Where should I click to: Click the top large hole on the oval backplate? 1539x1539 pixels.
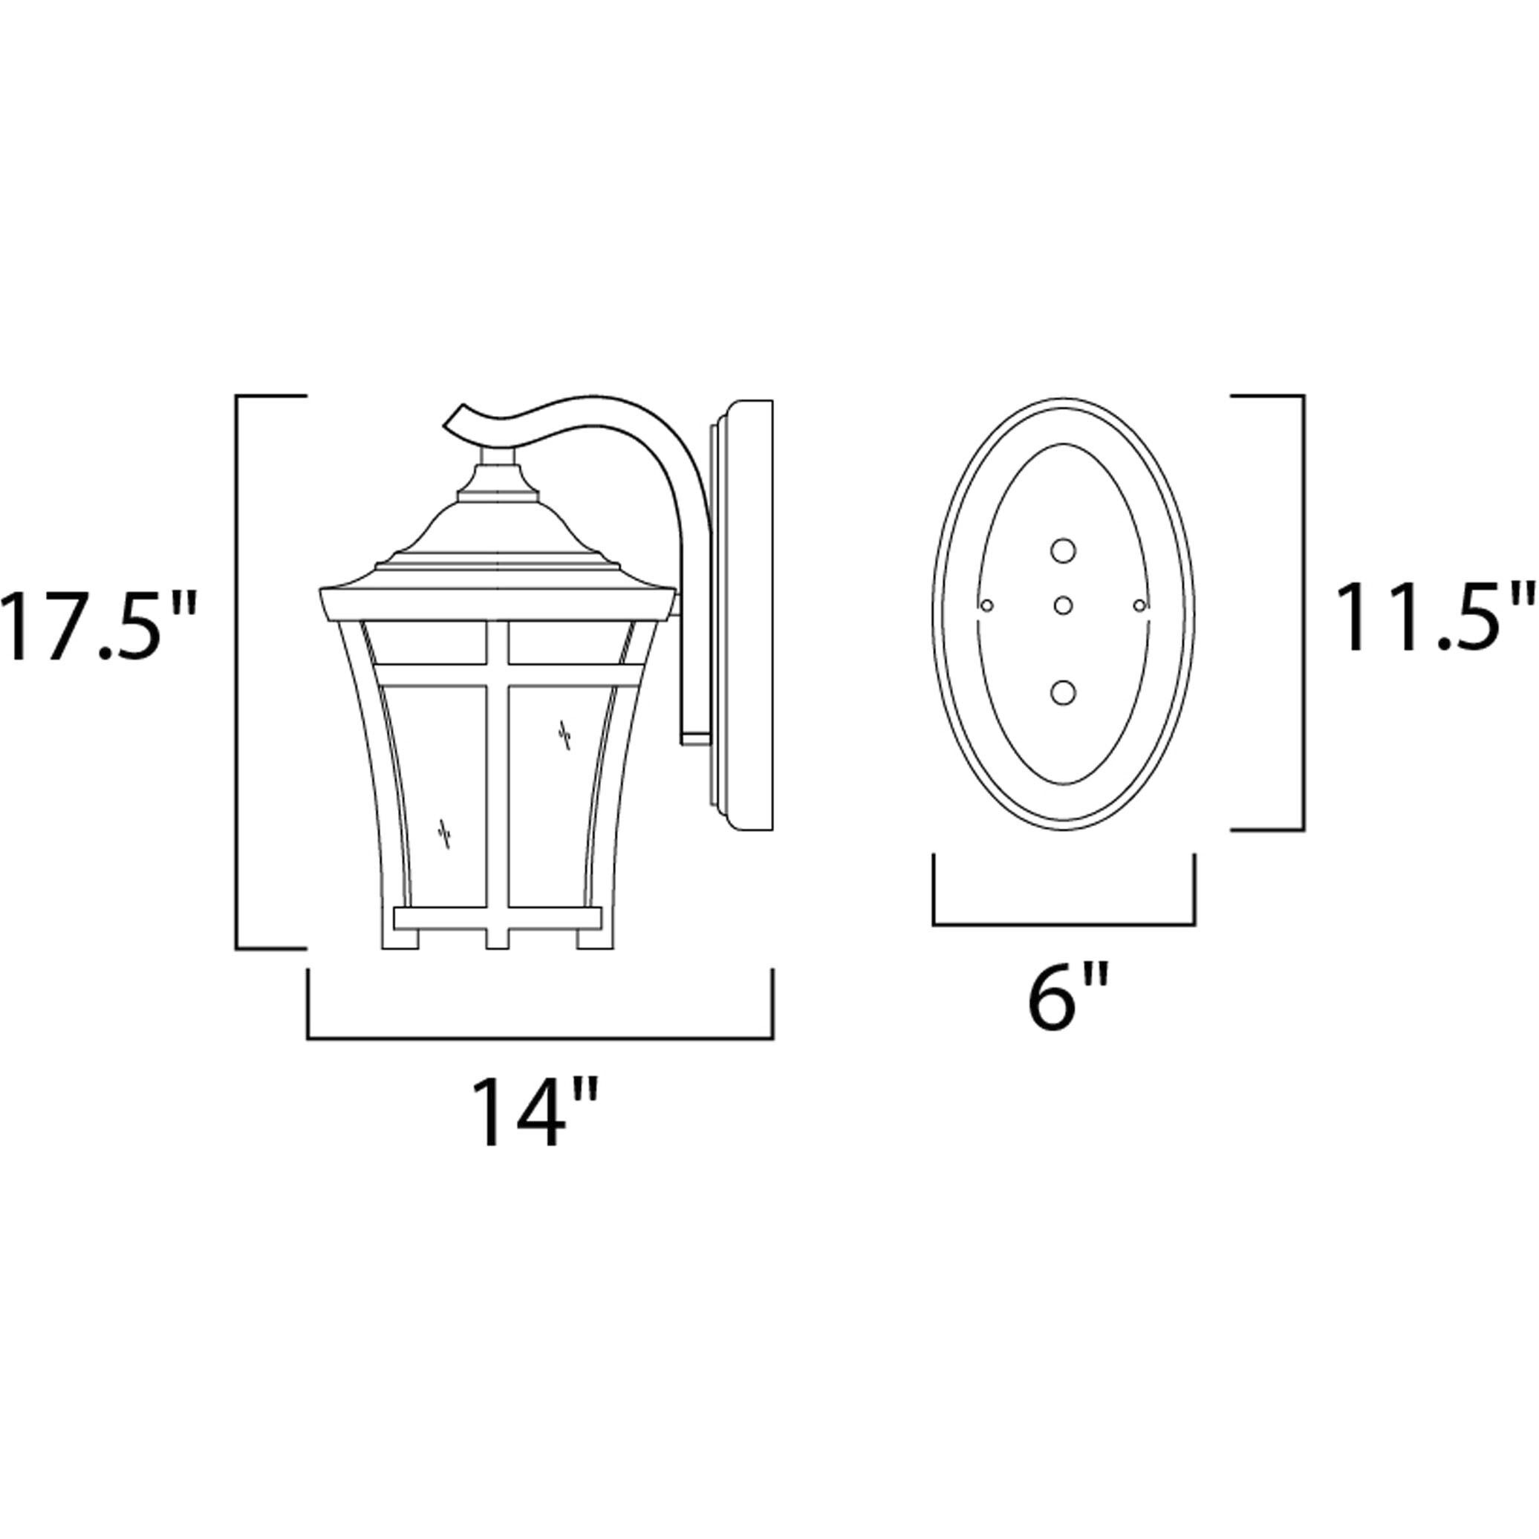1063,550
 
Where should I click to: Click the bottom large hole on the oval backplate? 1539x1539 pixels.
1063,692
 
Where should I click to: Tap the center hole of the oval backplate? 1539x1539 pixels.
1063,606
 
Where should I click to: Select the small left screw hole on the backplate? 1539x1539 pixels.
987,606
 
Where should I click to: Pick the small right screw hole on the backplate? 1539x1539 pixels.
1139,606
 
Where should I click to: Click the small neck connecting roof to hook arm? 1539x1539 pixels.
497,455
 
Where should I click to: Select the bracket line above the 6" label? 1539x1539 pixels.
1064,925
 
